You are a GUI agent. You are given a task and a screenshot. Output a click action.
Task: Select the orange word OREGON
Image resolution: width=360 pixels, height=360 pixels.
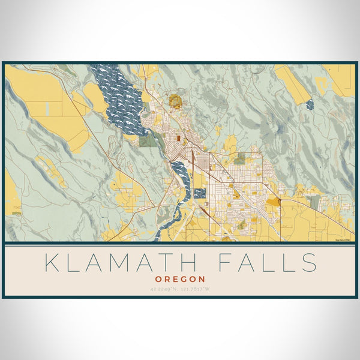tap(180, 279)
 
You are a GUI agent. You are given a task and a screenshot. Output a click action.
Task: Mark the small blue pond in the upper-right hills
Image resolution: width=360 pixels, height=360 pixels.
tap(309, 105)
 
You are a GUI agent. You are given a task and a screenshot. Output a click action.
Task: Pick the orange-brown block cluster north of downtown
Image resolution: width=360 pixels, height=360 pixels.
tap(175, 101)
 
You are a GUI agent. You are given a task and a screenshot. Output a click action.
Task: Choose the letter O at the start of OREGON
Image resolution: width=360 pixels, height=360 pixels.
tap(158, 279)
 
